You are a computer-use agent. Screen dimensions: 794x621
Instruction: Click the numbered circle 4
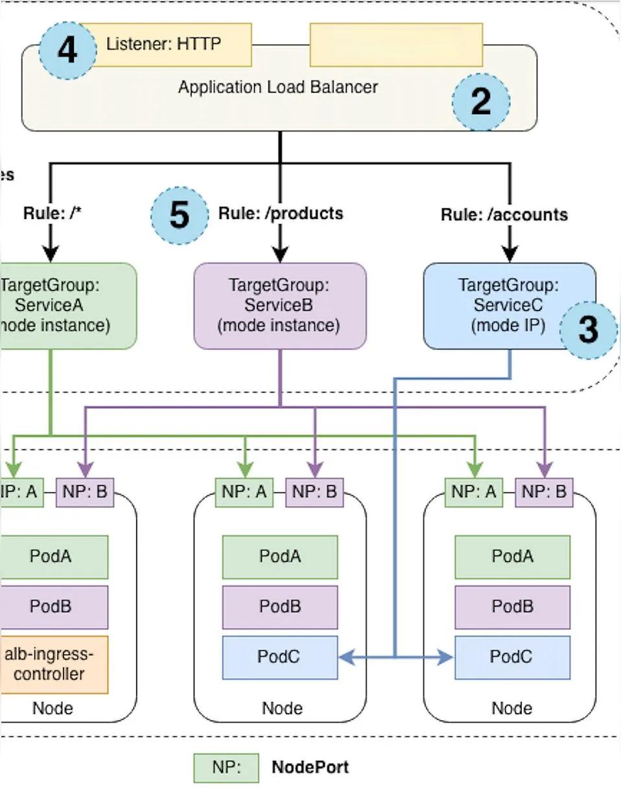(67, 51)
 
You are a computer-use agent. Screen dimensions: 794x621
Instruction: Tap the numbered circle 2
(480, 102)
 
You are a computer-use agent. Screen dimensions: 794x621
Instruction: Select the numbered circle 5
(179, 215)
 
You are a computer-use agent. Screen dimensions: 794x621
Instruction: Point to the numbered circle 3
(587, 330)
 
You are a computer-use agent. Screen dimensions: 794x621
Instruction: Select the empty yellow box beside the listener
(396, 45)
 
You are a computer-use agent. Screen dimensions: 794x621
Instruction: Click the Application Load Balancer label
(277, 87)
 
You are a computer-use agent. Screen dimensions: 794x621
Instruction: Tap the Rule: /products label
(281, 213)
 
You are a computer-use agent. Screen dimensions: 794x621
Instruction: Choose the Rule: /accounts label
(504, 215)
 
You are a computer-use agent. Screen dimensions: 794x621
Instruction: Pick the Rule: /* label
(53, 213)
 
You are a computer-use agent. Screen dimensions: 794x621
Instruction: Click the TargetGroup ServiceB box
(280, 305)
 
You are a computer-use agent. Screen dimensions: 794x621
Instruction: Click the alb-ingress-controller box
(53, 664)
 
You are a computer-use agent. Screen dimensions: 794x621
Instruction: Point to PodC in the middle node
(279, 657)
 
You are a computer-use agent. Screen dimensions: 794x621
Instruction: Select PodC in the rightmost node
(512, 657)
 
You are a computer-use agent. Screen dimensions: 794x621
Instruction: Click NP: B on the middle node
(314, 492)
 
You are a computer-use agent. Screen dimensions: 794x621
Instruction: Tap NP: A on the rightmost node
(474, 492)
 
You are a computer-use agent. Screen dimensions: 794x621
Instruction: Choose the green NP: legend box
(226, 768)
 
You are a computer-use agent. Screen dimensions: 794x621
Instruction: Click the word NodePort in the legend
(310, 768)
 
